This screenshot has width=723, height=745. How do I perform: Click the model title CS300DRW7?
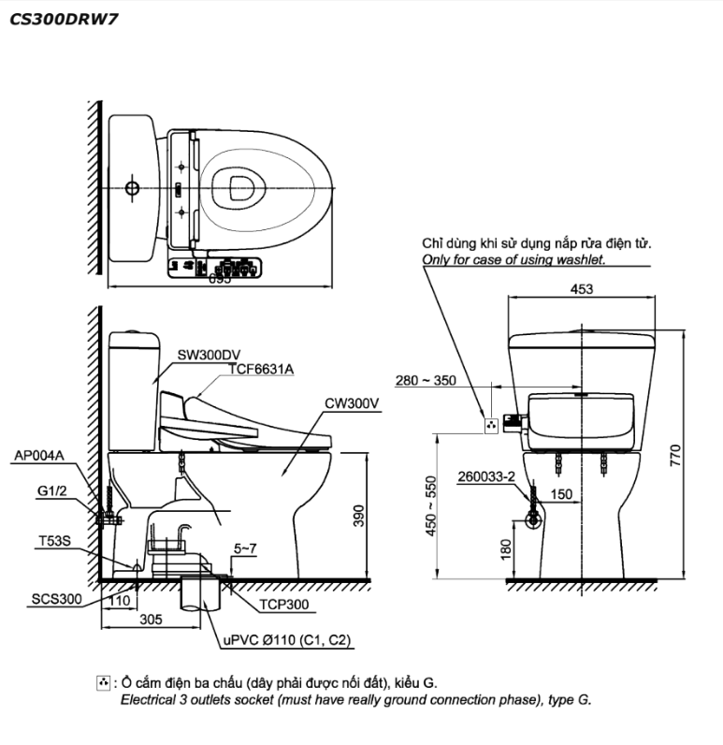point(64,18)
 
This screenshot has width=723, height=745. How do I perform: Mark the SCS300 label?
point(56,598)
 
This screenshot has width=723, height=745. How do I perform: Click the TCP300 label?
point(284,605)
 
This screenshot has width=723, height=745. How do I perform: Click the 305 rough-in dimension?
point(150,619)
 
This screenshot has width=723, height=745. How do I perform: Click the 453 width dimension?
point(581,290)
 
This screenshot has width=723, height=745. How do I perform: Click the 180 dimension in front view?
point(506,548)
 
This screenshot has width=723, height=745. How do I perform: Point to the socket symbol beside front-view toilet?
point(488,425)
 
